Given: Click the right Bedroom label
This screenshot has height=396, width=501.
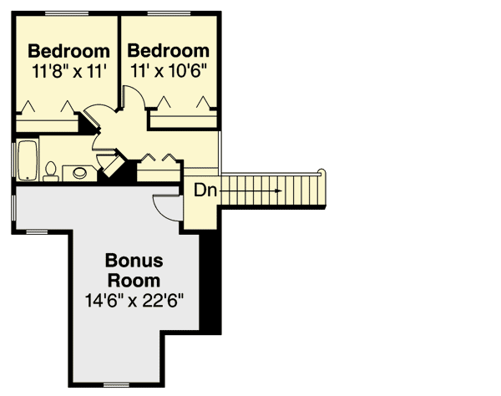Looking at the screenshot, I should pyautogui.click(x=168, y=51).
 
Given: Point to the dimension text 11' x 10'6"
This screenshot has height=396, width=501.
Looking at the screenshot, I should pyautogui.click(x=168, y=71).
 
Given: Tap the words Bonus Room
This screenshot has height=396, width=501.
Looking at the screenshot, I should pyautogui.click(x=134, y=270).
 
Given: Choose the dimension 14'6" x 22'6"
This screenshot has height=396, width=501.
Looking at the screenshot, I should pyautogui.click(x=134, y=298).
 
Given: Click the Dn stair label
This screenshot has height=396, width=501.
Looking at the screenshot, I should pyautogui.click(x=205, y=190).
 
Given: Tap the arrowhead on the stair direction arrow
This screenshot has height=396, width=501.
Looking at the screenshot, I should pyautogui.click(x=275, y=190).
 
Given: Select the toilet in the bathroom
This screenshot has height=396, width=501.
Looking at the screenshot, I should pyautogui.click(x=51, y=172).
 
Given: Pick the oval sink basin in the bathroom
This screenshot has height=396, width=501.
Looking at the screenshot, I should pyautogui.click(x=80, y=174).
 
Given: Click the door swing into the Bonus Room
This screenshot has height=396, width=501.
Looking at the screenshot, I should pyautogui.click(x=166, y=206).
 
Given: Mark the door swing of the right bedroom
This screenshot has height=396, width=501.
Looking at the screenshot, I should pyautogui.click(x=134, y=95).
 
